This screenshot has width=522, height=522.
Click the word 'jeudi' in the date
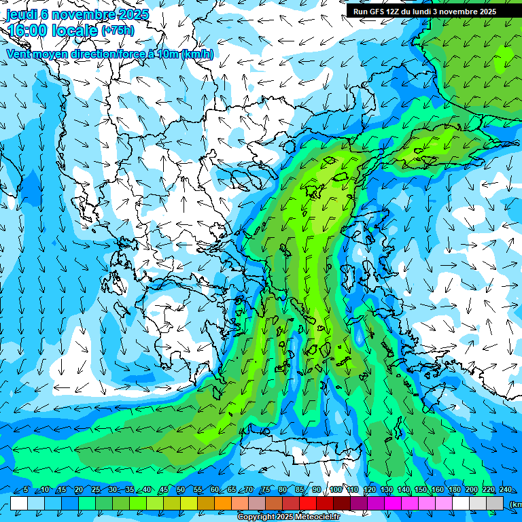point(21,14)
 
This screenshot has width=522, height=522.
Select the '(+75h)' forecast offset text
point(118,31)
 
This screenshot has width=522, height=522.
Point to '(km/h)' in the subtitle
point(197,54)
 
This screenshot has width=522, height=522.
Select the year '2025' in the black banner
point(483,12)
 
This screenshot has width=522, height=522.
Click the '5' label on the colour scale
point(26,490)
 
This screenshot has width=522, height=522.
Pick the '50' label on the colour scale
point(180,490)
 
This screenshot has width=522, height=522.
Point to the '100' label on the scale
point(335,490)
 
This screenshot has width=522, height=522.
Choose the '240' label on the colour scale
point(505,490)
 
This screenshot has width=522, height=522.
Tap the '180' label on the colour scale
point(454,490)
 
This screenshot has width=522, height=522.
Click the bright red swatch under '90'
point(308,503)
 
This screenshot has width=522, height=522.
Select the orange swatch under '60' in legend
point(206,503)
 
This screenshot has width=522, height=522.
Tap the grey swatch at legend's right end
point(495,503)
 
